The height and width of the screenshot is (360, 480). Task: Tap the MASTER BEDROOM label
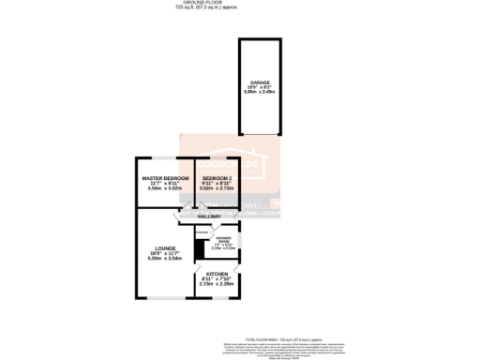[x=165, y=177]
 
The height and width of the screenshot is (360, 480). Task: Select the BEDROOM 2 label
[x=217, y=177]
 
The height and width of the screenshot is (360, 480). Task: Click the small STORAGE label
[x=202, y=231]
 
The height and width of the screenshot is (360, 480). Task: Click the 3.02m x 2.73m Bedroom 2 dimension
[x=217, y=188]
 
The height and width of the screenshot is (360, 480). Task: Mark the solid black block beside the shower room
[x=199, y=250]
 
